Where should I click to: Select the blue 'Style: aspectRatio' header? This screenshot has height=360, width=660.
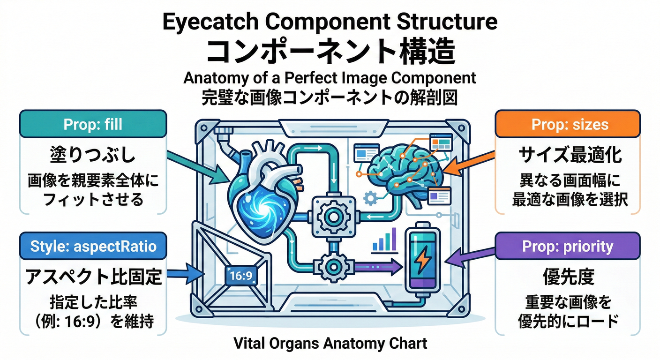point(92,246)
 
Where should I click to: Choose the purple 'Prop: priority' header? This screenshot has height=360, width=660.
point(568,246)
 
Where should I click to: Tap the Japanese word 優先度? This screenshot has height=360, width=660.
point(568,277)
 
